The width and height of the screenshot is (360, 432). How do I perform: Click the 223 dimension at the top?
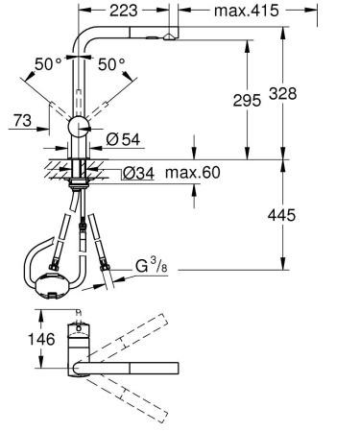[x=121, y=11]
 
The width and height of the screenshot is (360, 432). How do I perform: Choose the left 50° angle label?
[x=46, y=64]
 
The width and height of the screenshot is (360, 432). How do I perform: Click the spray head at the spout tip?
[x=171, y=36]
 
